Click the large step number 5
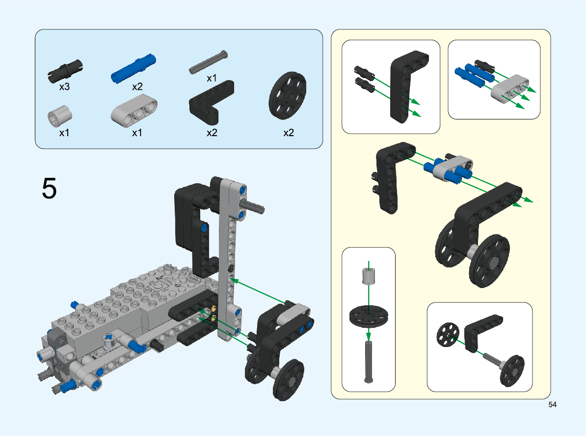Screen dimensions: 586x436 [x=50, y=188]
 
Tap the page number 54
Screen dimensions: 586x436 [x=552, y=405]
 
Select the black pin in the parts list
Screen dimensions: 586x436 [x=65, y=71]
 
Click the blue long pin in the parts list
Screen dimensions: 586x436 [x=133, y=68]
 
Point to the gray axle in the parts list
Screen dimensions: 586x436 [x=208, y=62]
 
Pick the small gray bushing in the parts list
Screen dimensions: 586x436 [x=59, y=116]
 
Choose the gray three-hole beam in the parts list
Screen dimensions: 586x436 [x=134, y=111]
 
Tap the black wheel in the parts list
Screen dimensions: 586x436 [x=288, y=96]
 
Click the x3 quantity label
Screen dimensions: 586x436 [x=64, y=87]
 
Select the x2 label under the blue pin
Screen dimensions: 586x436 [x=137, y=87]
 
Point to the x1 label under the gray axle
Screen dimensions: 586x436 [x=212, y=78]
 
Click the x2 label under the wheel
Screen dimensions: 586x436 [x=289, y=133]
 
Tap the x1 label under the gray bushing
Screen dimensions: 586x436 [x=64, y=133]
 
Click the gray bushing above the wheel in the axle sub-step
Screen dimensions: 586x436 [x=369, y=276]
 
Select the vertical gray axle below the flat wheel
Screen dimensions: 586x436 [x=369, y=361]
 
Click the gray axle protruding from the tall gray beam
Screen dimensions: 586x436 [x=253, y=206]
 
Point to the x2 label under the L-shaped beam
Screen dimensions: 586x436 [x=212, y=133]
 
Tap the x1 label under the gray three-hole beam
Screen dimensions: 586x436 [x=137, y=133]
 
